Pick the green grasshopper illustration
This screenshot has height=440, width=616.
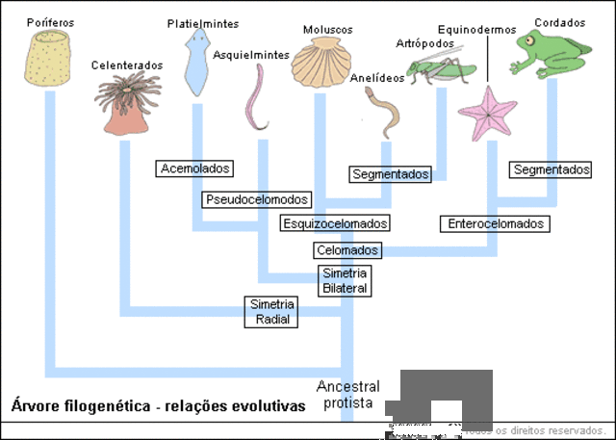click(442, 68)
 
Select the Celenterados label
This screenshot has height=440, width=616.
click(126, 65)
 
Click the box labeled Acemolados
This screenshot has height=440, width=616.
click(195, 168)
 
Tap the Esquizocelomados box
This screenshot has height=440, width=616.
click(335, 223)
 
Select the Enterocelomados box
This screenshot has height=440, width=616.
click(496, 223)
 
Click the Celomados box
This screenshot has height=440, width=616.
click(346, 250)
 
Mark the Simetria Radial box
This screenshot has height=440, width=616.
click(270, 311)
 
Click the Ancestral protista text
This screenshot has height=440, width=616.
click(347, 395)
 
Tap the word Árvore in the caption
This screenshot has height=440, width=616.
click(32, 406)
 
